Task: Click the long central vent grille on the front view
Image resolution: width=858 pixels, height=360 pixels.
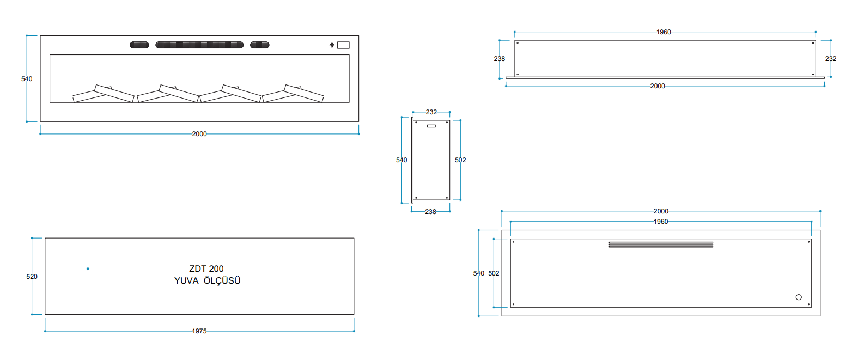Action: click(x=199, y=45)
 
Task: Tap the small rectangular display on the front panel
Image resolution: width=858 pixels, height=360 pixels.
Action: click(x=343, y=45)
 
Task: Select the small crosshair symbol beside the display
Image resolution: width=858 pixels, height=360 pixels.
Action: click(x=332, y=45)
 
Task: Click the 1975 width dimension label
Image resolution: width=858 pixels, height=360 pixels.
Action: click(x=199, y=331)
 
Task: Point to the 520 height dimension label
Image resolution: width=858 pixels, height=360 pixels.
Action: click(x=32, y=277)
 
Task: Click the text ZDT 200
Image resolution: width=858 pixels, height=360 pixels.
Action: click(x=206, y=269)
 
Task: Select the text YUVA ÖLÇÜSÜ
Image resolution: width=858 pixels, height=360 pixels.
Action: click(x=207, y=280)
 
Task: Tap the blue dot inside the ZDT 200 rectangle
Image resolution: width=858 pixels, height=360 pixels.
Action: click(x=88, y=269)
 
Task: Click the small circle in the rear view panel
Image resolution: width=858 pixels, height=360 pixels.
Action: click(x=799, y=297)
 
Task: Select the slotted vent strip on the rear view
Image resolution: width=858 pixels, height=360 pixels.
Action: click(x=661, y=245)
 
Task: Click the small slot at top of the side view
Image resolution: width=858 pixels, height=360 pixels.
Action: click(x=431, y=126)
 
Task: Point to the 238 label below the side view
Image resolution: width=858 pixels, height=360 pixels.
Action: click(x=430, y=212)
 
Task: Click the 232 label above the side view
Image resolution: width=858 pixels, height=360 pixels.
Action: click(x=431, y=112)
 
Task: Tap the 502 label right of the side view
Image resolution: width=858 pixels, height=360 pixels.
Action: click(x=460, y=160)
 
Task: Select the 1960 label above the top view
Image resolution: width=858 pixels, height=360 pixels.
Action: click(x=664, y=32)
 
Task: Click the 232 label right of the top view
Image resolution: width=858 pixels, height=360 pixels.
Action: click(x=831, y=59)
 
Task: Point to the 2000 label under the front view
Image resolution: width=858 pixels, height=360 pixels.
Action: click(x=199, y=134)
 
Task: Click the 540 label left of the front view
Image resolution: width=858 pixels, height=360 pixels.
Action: click(x=27, y=79)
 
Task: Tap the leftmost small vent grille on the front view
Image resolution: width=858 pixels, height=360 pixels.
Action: click(x=139, y=45)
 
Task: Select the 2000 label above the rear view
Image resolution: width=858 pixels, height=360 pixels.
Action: click(x=661, y=211)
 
